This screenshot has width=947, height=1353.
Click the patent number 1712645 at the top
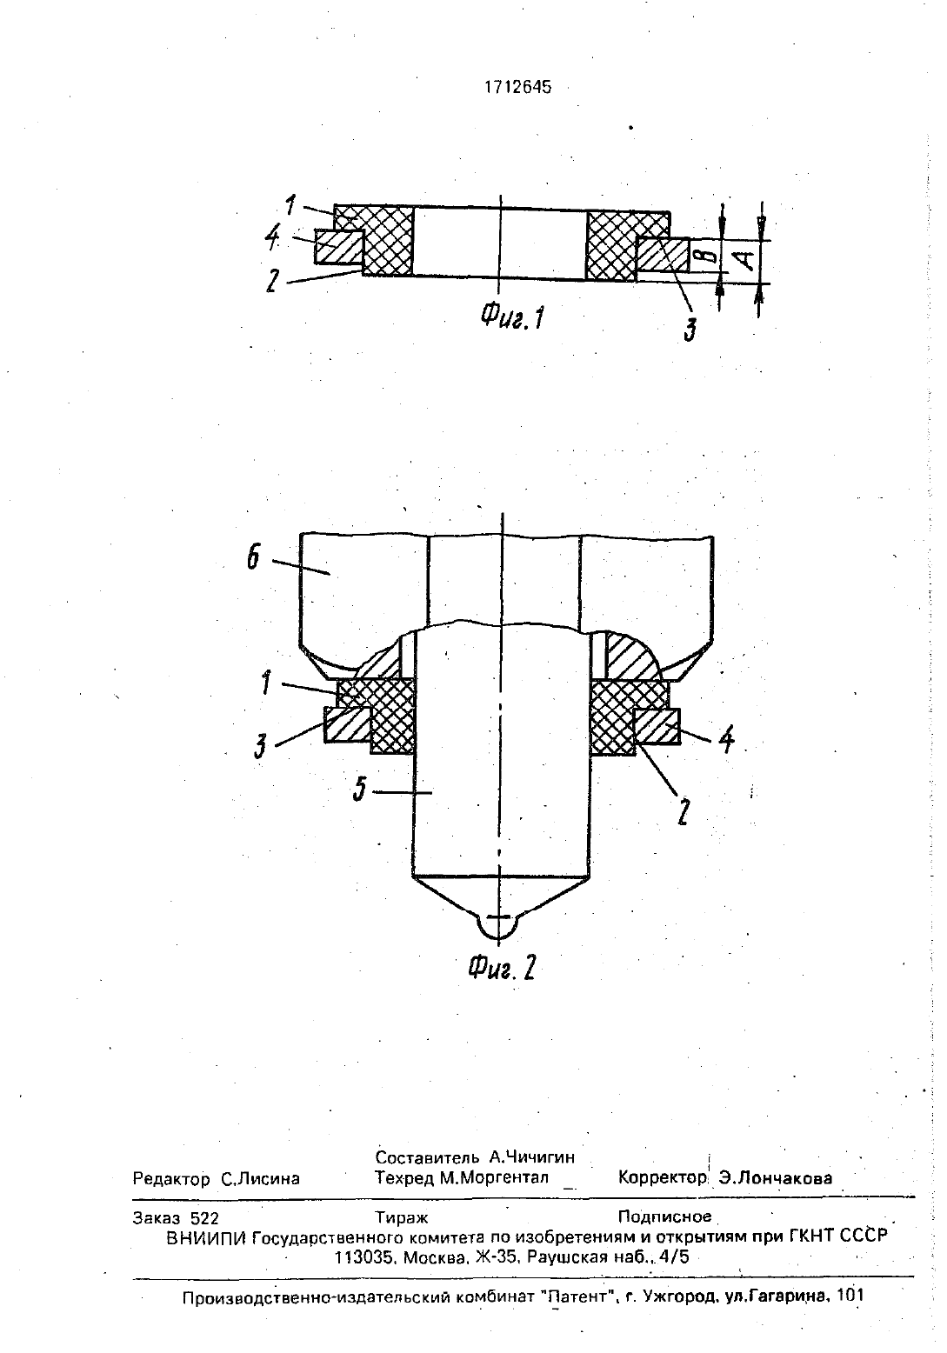point(517,88)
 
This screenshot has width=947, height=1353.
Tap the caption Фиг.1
point(512,316)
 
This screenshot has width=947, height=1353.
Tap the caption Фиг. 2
point(502,969)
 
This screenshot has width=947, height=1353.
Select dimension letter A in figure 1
point(746,260)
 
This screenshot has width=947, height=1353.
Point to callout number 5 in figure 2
point(360,789)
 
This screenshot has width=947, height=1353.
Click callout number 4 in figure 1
point(274,237)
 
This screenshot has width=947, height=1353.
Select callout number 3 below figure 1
point(690,330)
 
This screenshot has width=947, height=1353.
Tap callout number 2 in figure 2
point(683,812)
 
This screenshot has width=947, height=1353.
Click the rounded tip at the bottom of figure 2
point(498,927)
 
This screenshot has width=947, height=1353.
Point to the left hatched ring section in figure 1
point(338,248)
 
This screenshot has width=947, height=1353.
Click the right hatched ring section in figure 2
point(657,727)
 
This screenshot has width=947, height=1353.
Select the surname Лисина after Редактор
point(260,1178)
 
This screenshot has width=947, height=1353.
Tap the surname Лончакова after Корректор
point(776,1178)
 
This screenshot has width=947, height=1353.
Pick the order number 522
point(204,1217)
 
